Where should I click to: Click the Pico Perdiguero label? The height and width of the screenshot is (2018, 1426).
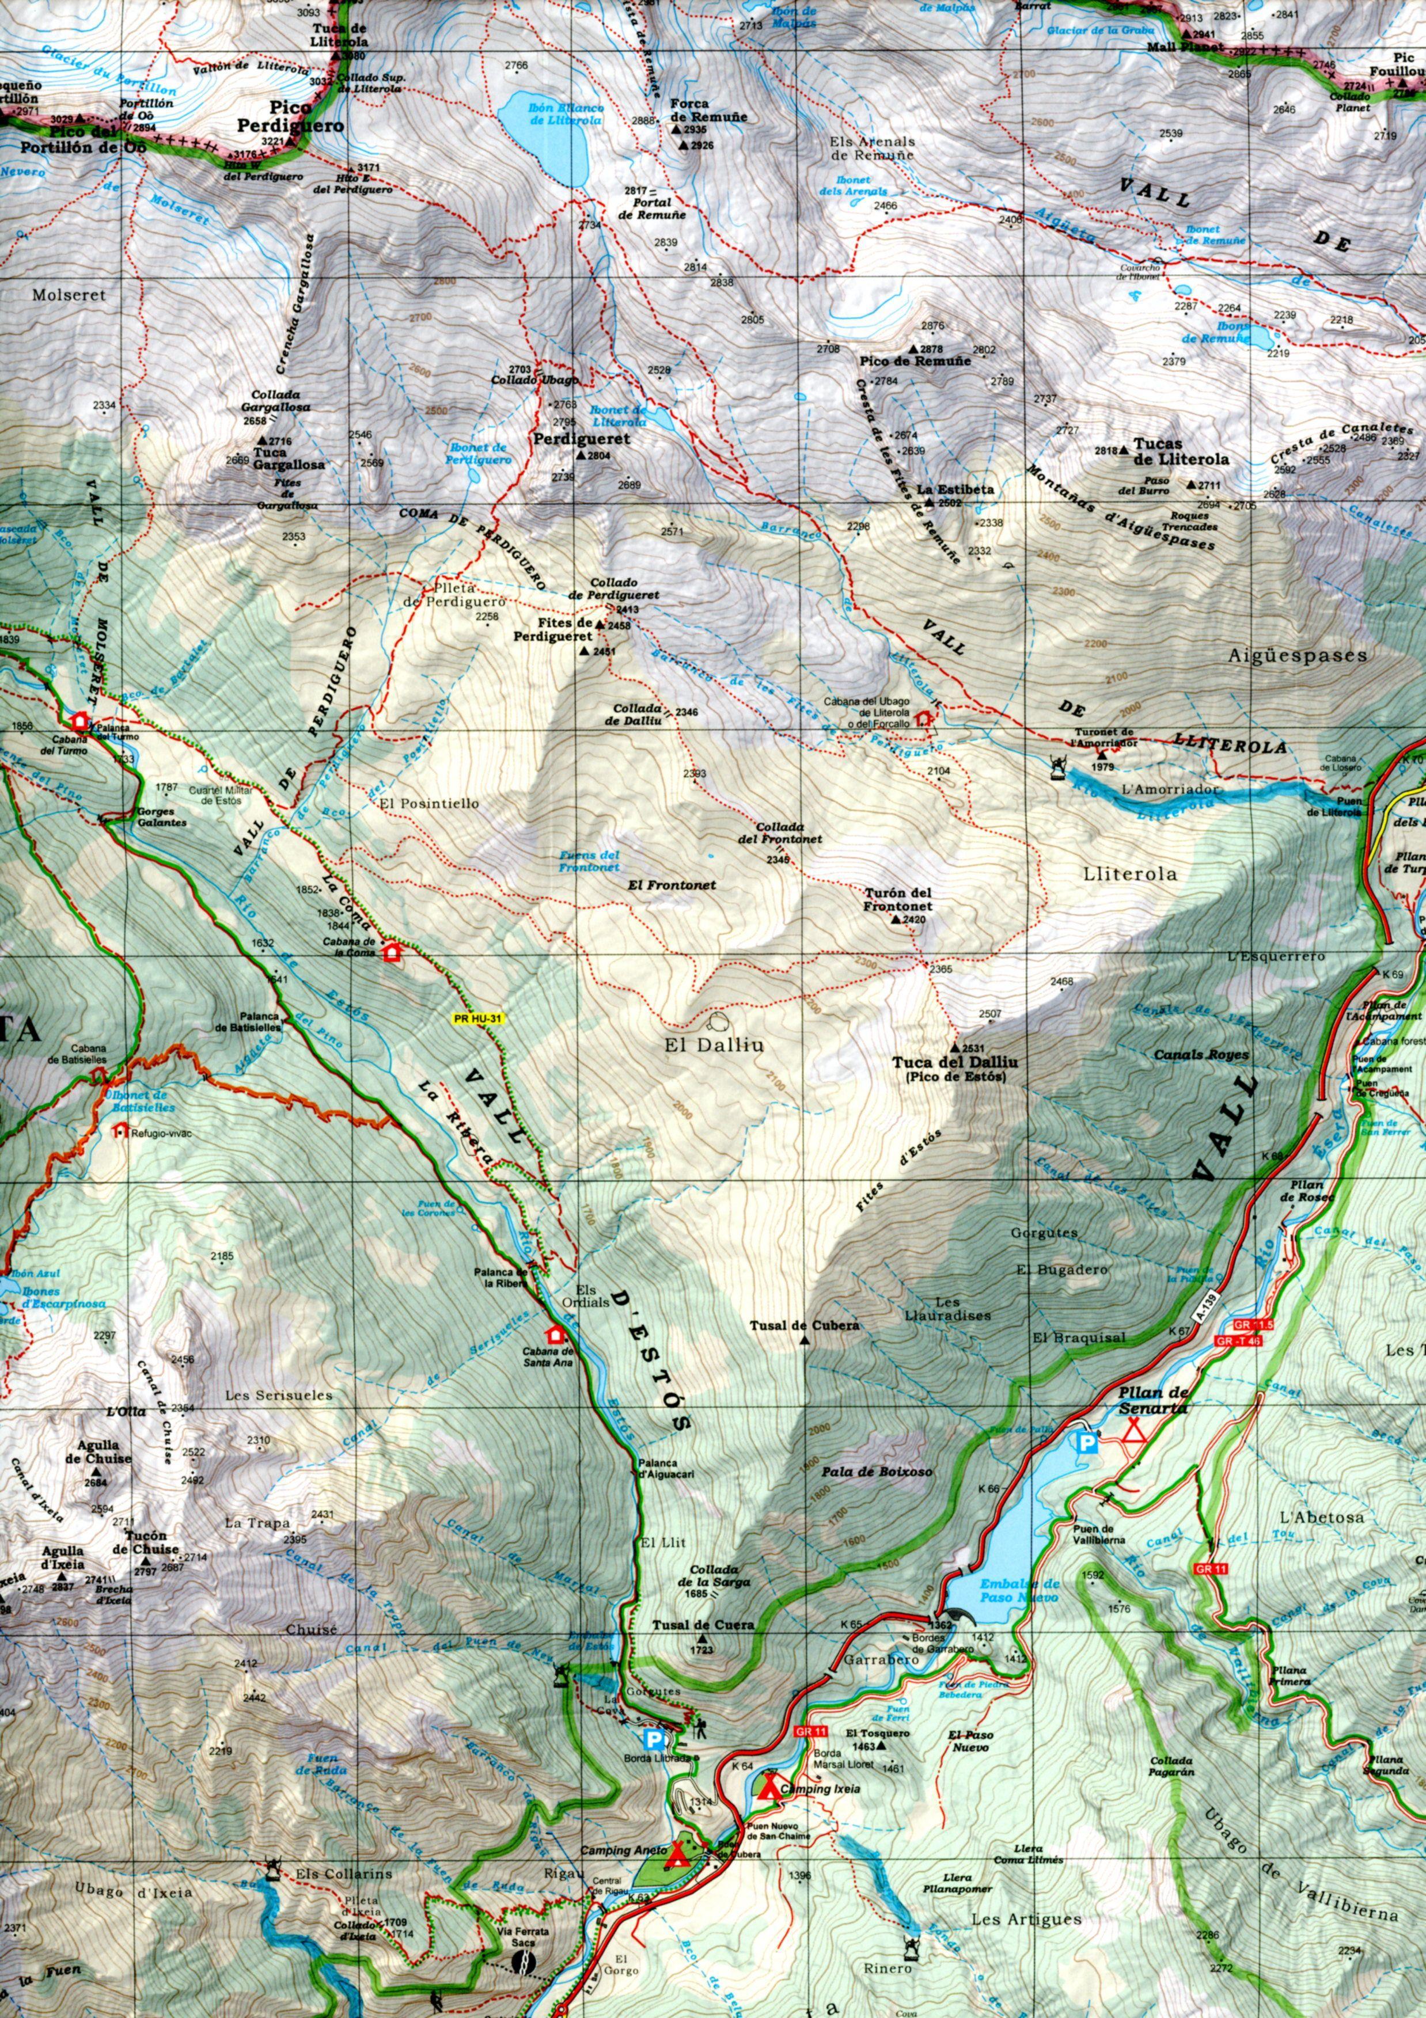point(290,117)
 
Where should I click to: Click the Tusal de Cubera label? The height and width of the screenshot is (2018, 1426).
point(803,1325)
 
